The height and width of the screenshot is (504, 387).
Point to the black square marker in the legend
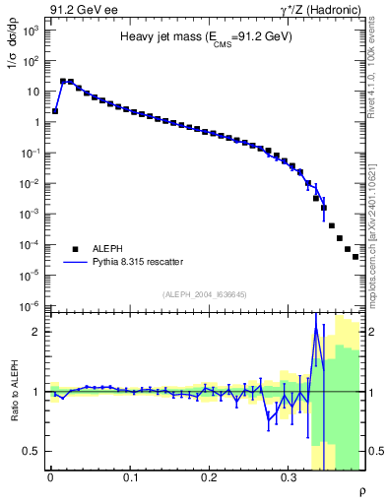[75, 249]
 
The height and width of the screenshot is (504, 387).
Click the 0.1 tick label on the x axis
[130, 477]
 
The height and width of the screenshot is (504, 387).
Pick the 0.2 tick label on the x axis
[209, 477]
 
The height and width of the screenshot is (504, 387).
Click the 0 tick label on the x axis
[50, 477]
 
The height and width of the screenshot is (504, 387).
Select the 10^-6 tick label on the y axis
[30, 305]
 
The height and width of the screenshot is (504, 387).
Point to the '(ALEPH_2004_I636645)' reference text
[204, 294]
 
